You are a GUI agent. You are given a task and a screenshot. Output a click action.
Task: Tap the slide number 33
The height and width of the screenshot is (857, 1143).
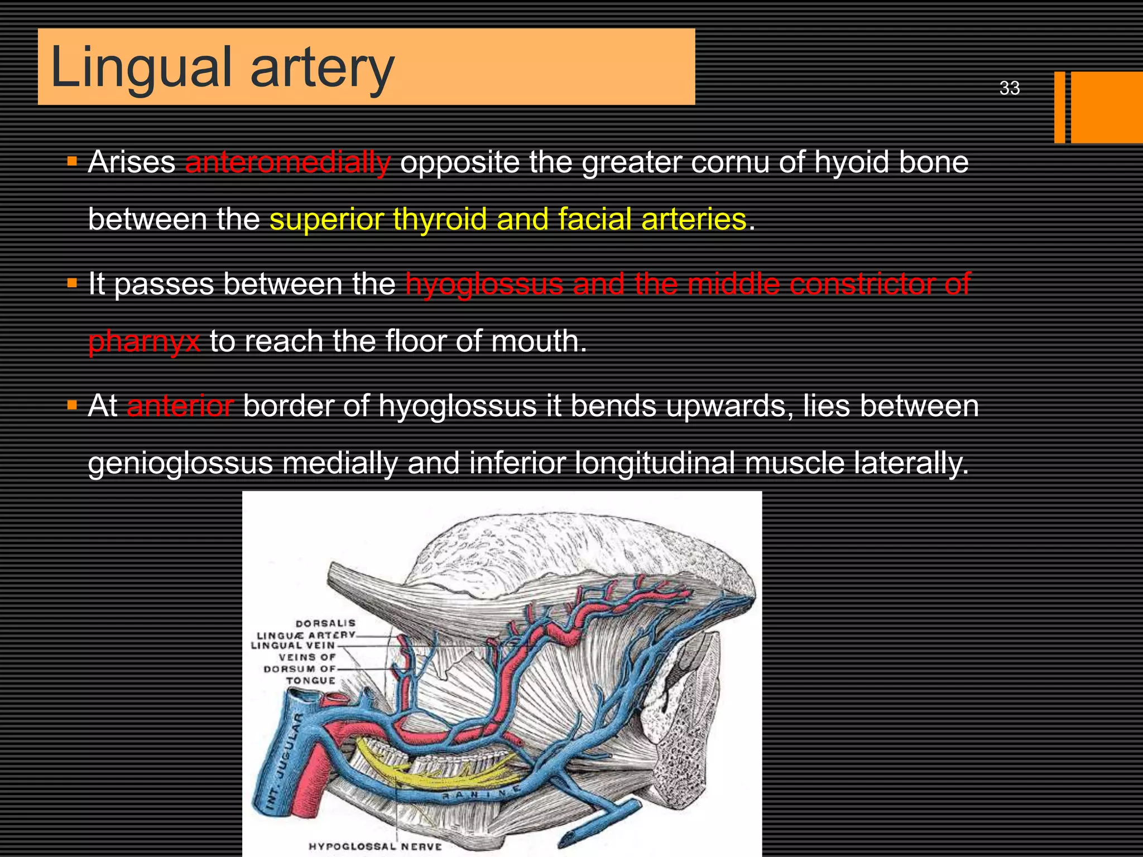pos(1009,88)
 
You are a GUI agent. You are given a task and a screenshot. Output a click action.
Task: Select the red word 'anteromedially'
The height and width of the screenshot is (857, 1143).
pos(287,162)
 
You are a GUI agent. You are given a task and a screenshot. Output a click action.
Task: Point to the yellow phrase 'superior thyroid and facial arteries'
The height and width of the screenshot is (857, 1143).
pos(508,219)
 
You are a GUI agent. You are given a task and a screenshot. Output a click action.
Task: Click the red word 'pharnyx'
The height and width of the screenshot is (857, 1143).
pos(144,341)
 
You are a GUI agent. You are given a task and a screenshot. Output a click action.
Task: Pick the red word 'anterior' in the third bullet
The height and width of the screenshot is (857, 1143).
pos(180,406)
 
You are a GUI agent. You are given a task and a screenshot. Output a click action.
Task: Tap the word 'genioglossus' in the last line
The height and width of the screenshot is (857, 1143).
pos(180,464)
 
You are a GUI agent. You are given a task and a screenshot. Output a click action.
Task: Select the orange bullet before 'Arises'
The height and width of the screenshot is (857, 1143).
pos(72,161)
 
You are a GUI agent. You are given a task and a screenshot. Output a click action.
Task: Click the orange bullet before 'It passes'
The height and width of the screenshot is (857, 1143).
pos(72,283)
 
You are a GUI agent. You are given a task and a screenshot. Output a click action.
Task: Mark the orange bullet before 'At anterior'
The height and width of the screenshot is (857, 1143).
pos(72,405)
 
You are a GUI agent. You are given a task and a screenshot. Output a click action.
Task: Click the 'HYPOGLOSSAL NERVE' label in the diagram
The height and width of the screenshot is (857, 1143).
pos(375,846)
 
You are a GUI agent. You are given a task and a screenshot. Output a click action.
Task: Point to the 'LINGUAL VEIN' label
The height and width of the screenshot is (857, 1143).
pos(292,646)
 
